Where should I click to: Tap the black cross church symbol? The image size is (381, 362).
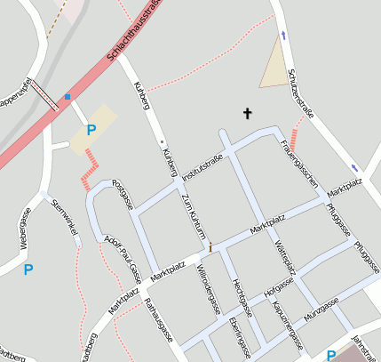[248, 113]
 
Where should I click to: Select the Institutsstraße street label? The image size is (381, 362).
[201, 166]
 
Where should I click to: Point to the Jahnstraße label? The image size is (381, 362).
[364, 348]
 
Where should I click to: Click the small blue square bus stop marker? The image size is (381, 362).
[67, 96]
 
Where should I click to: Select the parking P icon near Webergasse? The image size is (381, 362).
[28, 269]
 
